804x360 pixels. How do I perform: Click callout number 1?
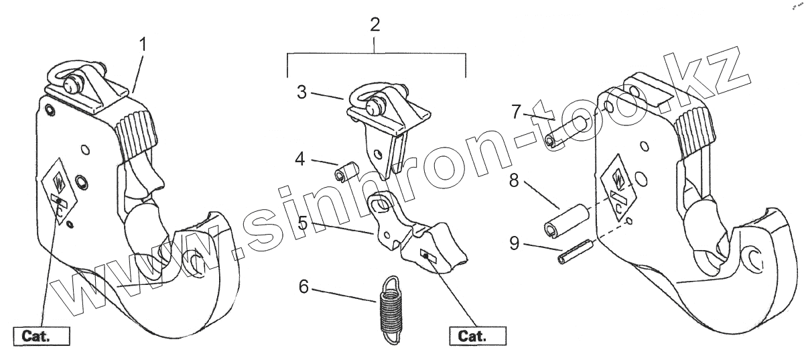click(143, 45)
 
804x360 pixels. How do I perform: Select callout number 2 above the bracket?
click(375, 25)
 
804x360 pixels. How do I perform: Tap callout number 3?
click(302, 93)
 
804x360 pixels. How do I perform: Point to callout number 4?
click(301, 160)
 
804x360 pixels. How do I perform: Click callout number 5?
click(303, 223)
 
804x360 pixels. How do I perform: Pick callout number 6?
click(304, 286)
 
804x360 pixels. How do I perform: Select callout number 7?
click(516, 111)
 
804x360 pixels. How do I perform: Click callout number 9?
click(514, 243)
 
